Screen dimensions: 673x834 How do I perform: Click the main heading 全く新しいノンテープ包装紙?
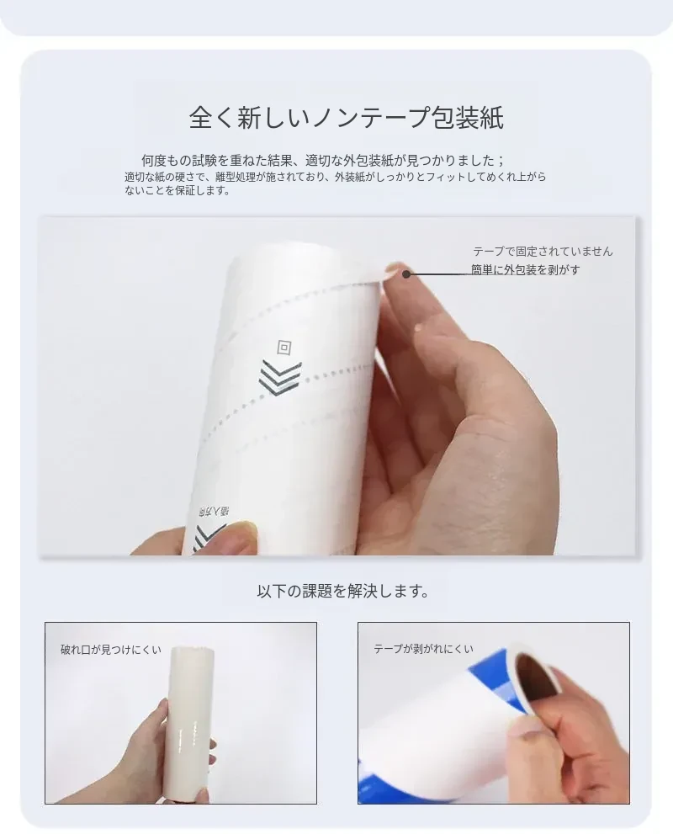pyautogui.click(x=346, y=117)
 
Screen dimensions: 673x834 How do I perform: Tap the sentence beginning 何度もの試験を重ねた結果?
pyautogui.click(x=323, y=160)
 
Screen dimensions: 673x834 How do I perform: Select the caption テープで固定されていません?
pyautogui.click(x=543, y=251)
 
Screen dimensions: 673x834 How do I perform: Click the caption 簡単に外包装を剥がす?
pyautogui.click(x=525, y=269)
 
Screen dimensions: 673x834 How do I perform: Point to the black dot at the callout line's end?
pyautogui.click(x=406, y=274)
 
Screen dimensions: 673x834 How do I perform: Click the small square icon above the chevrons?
pyautogui.click(x=284, y=348)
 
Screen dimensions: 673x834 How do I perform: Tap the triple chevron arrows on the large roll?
pyautogui.click(x=280, y=378)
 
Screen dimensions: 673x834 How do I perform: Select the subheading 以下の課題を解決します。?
pyautogui.click(x=343, y=591)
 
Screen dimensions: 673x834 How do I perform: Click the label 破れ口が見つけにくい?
pyautogui.click(x=110, y=650)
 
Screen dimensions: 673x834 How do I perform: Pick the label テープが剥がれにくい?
pyautogui.click(x=423, y=649)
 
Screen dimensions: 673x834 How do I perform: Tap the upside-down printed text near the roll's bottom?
pyautogui.click(x=213, y=512)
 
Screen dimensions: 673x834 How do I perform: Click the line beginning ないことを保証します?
pyautogui.click(x=177, y=190)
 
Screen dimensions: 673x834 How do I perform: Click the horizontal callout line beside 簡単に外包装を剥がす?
pyautogui.click(x=438, y=274)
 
